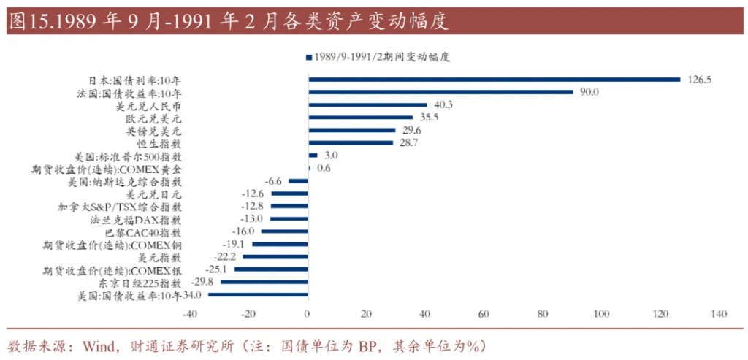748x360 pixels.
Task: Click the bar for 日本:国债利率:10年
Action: (494, 80)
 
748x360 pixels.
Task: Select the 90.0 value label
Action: (589, 92)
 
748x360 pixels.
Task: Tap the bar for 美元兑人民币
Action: (367, 104)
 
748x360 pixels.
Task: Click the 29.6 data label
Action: (411, 131)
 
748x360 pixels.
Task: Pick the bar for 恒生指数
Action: (350, 143)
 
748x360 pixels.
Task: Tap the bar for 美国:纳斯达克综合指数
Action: (298, 181)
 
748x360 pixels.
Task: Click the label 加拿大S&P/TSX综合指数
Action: (120, 207)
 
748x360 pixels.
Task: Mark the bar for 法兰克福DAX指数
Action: (289, 219)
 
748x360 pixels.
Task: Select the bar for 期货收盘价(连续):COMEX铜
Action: (280, 245)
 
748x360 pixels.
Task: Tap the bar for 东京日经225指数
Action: (264, 282)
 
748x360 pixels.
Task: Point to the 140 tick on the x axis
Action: (719, 314)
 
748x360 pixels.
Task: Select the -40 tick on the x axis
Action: (189, 314)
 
